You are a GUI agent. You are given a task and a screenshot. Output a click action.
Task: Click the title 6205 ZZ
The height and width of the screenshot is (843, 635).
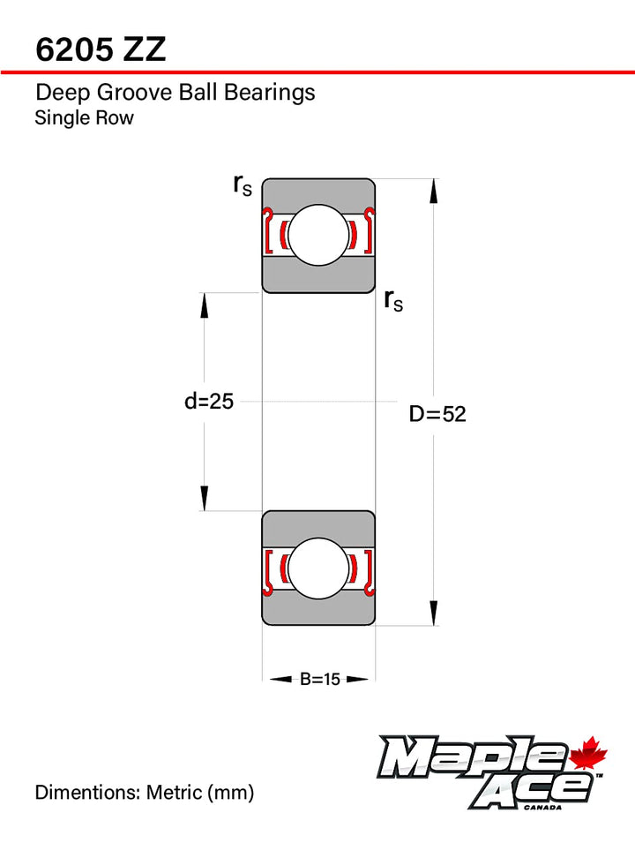pyautogui.click(x=101, y=49)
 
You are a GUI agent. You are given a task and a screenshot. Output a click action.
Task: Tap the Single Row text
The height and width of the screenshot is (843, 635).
pyautogui.click(x=85, y=117)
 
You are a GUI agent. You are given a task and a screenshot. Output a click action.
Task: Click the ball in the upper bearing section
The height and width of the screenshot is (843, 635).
pyautogui.click(x=318, y=235)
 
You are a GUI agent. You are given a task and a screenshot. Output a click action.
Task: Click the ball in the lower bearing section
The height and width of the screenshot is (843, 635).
pyautogui.click(x=318, y=568)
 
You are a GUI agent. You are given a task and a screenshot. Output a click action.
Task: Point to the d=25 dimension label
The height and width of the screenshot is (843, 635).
pyautogui.click(x=209, y=401)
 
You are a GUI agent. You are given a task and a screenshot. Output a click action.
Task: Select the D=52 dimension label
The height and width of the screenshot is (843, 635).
pyautogui.click(x=437, y=414)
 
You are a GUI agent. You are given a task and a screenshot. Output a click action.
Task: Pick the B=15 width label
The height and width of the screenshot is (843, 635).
pyautogui.click(x=319, y=679)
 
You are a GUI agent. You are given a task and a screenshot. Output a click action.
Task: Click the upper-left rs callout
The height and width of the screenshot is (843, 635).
pyautogui.click(x=243, y=185)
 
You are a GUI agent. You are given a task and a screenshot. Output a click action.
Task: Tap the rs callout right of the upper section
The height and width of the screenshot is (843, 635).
pyautogui.click(x=393, y=300)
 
